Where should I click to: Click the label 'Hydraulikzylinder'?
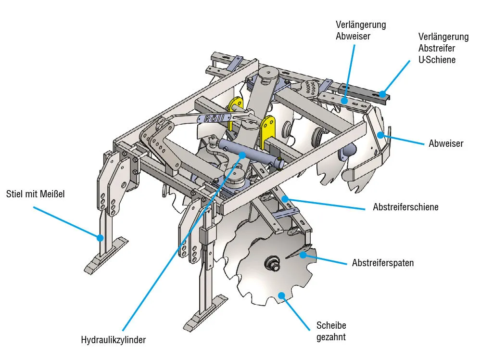click(x=113, y=340)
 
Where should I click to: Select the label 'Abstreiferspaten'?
click(x=383, y=263)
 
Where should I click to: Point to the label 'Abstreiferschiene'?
click(x=405, y=207)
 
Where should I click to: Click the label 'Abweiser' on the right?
click(x=446, y=143)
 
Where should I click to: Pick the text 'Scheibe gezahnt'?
click(x=331, y=331)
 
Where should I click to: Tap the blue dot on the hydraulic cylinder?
click(x=242, y=155)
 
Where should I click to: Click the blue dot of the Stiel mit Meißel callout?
click(x=100, y=237)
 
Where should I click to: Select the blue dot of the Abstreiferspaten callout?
click(x=303, y=254)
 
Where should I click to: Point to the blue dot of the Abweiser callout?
click(x=380, y=135)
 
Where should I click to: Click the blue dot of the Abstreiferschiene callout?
click(x=285, y=198)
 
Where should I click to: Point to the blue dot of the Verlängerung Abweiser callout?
click(x=344, y=100)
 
